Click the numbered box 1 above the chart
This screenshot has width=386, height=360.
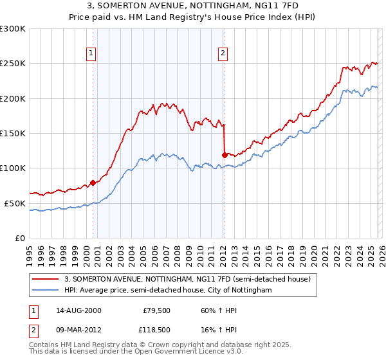pos(91,53)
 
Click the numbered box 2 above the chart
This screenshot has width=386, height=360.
pos(223,53)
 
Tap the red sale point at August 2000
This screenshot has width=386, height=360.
pos(93,183)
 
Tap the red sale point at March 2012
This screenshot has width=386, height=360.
pos(225,155)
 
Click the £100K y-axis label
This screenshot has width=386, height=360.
pos(13,168)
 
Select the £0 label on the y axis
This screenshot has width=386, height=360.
pos(21,238)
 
